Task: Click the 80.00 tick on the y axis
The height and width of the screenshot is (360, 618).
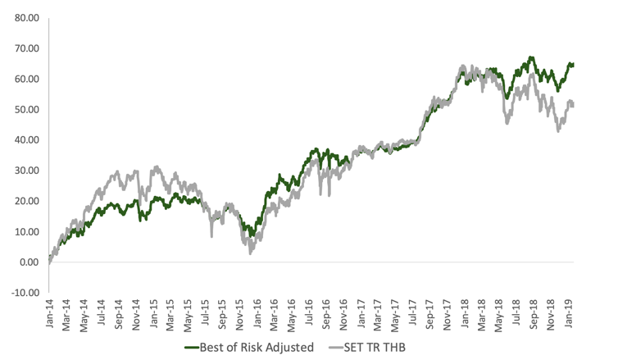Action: click(x=25, y=17)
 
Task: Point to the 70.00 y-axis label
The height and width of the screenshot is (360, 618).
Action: click(x=25, y=48)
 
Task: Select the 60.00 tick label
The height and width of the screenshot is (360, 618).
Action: click(x=25, y=79)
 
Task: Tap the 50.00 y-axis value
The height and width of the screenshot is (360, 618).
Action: click(x=25, y=109)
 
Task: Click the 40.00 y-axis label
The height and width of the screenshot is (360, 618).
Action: click(x=25, y=140)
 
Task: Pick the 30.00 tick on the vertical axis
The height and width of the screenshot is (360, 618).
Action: click(x=25, y=171)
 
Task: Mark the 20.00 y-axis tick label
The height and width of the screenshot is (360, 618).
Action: click(x=25, y=201)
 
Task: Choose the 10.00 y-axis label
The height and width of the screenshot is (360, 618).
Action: click(x=25, y=232)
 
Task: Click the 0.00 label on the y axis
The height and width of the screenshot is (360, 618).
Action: click(x=27, y=262)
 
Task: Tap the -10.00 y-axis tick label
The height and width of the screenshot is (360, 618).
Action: click(x=23, y=293)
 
